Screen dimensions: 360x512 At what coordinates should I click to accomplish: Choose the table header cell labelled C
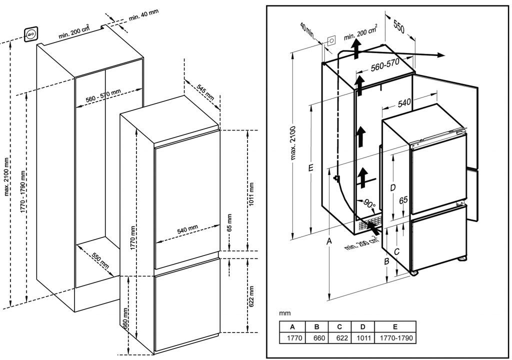coord(339,327)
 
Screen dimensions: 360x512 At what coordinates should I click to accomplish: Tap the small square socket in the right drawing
coord(331,40)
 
